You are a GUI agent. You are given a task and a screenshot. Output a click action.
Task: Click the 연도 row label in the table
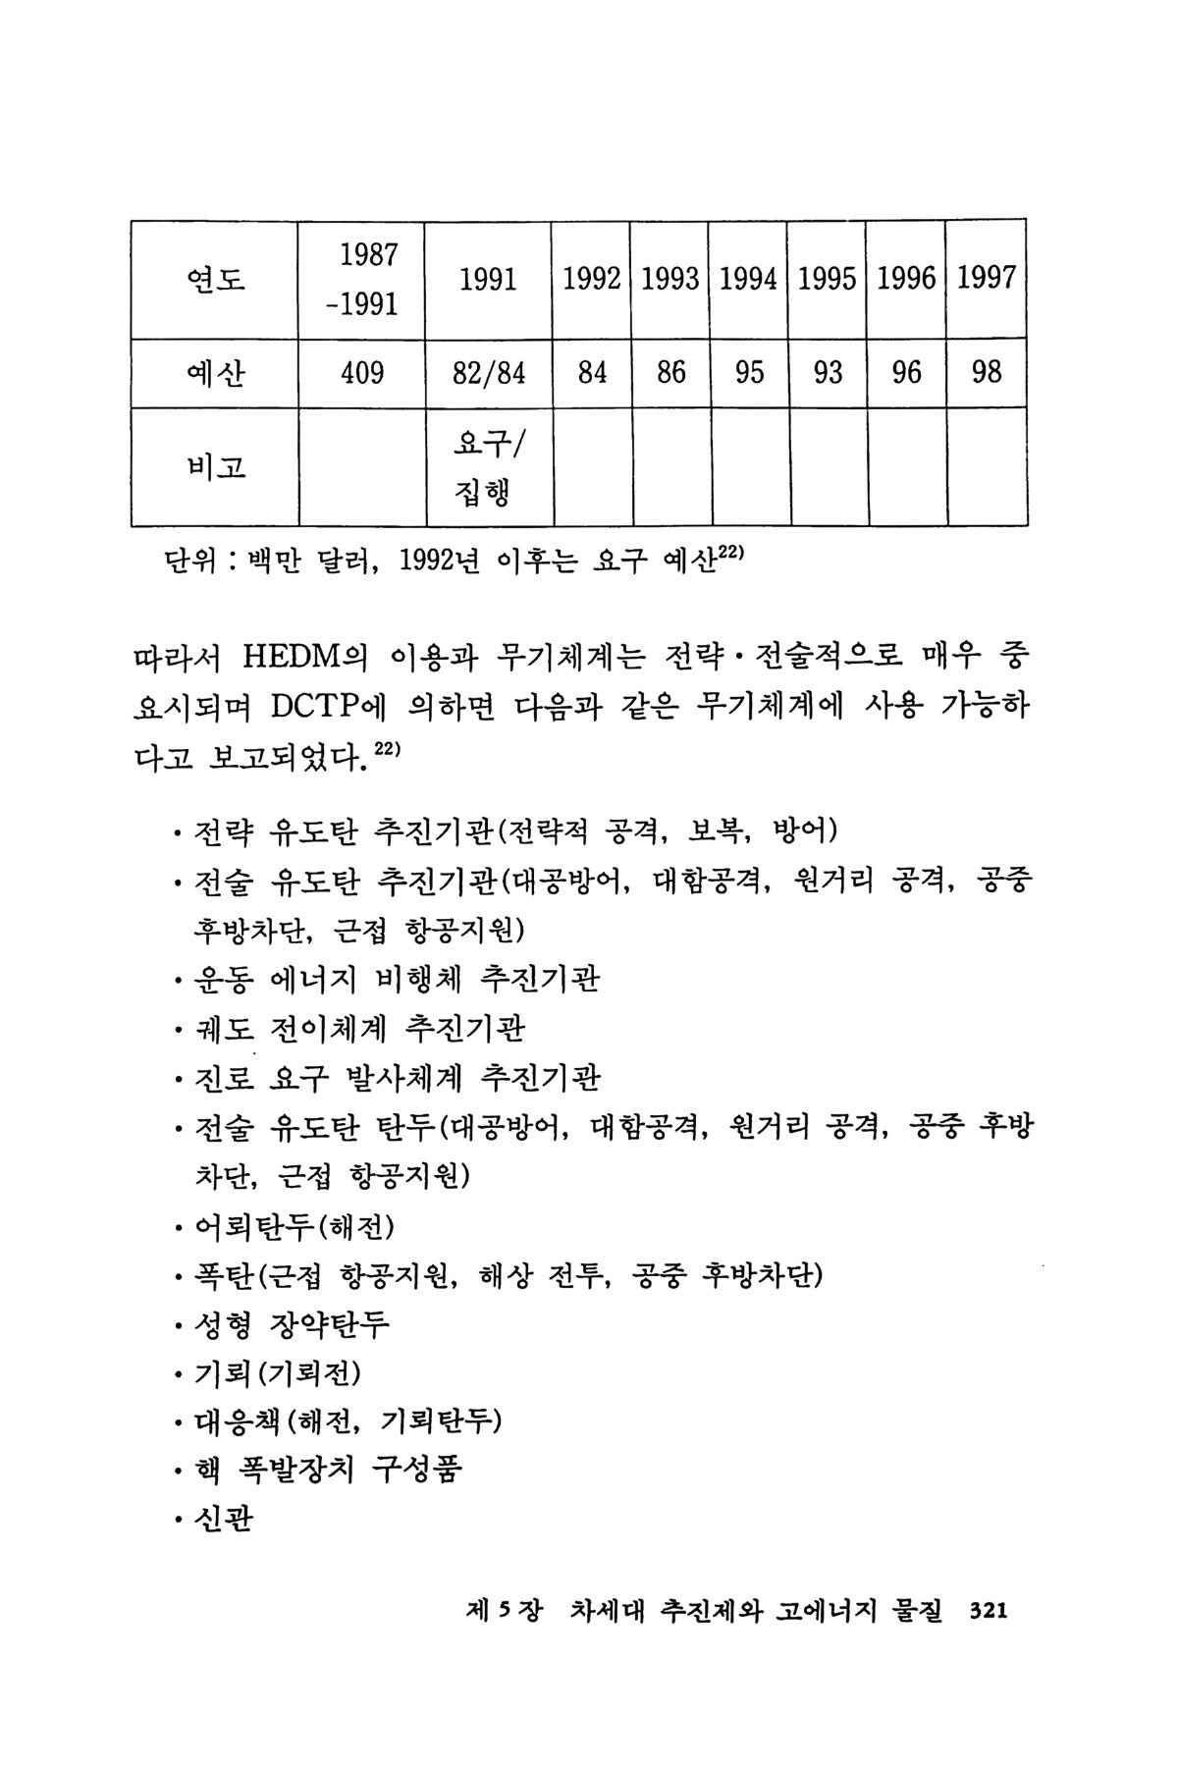pyautogui.click(x=215, y=280)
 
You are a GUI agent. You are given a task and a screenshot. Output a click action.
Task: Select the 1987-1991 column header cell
pyautogui.click(x=362, y=280)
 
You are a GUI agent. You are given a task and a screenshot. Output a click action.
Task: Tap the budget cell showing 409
pyautogui.click(x=362, y=373)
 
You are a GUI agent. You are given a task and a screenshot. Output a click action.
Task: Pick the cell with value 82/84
pyautogui.click(x=489, y=373)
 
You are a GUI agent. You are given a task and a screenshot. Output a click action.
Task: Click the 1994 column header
pyautogui.click(x=749, y=280)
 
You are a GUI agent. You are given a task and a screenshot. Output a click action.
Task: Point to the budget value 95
pyautogui.click(x=749, y=373)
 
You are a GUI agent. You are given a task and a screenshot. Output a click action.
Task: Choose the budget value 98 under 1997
pyautogui.click(x=986, y=373)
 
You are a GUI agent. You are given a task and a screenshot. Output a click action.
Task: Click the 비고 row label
pyautogui.click(x=215, y=467)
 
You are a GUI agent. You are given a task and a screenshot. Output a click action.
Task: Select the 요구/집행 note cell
pyautogui.click(x=489, y=467)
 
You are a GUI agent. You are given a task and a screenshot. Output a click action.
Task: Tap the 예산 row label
pyautogui.click(x=215, y=373)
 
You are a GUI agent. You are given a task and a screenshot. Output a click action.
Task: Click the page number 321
pyautogui.click(x=989, y=1611)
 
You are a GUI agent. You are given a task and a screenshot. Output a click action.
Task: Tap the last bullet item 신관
pyautogui.click(x=224, y=1521)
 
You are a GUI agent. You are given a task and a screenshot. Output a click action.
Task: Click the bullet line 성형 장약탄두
pyautogui.click(x=293, y=1324)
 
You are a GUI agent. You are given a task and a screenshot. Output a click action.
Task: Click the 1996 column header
pyautogui.click(x=906, y=280)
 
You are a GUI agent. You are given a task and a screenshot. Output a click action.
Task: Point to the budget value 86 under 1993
pyautogui.click(x=670, y=373)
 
